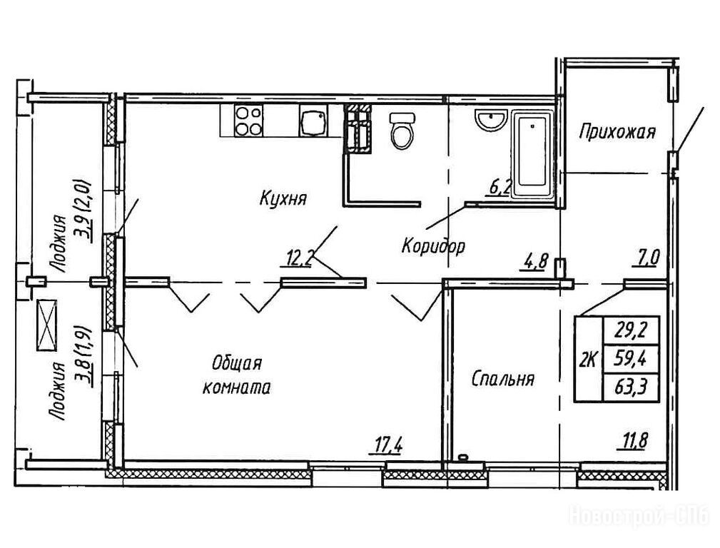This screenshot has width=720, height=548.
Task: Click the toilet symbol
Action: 402,131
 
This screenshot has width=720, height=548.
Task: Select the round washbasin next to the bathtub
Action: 490,121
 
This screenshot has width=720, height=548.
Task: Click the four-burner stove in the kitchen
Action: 248,121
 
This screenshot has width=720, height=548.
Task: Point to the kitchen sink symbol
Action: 314,121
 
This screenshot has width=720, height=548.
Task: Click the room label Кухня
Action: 283,198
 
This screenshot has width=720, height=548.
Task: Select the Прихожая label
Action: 617,132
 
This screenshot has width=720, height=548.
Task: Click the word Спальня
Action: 503,380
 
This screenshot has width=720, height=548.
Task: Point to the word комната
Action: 236,387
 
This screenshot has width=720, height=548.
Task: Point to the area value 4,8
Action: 534,264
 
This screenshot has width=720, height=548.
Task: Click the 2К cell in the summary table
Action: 589,359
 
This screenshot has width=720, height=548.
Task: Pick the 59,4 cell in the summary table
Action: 632,359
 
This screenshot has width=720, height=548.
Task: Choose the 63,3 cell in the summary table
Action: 632,387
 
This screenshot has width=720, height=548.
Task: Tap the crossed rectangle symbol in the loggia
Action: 46,325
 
